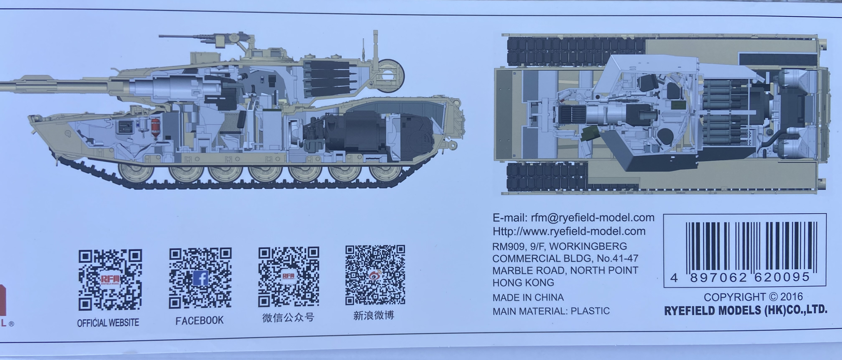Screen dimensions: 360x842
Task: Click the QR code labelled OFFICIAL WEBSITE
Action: pos(110,280)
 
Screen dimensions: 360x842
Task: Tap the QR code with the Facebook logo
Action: pos(200,278)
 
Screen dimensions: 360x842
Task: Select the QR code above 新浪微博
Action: pos(375,275)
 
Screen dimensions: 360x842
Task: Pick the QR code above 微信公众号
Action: pos(289,277)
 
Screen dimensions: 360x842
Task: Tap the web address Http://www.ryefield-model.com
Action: pos(569,231)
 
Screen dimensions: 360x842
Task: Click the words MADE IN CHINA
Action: pos(528,297)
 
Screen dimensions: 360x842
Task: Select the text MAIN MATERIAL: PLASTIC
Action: pos(551,311)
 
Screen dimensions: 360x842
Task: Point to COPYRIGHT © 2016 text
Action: pos(753,297)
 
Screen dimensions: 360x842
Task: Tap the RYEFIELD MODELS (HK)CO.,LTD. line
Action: pos(745,310)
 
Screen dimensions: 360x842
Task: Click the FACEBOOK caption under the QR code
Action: pos(199,321)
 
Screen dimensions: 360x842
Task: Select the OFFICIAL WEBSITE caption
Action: pos(108,323)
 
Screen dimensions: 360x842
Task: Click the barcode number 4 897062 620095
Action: pos(740,278)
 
